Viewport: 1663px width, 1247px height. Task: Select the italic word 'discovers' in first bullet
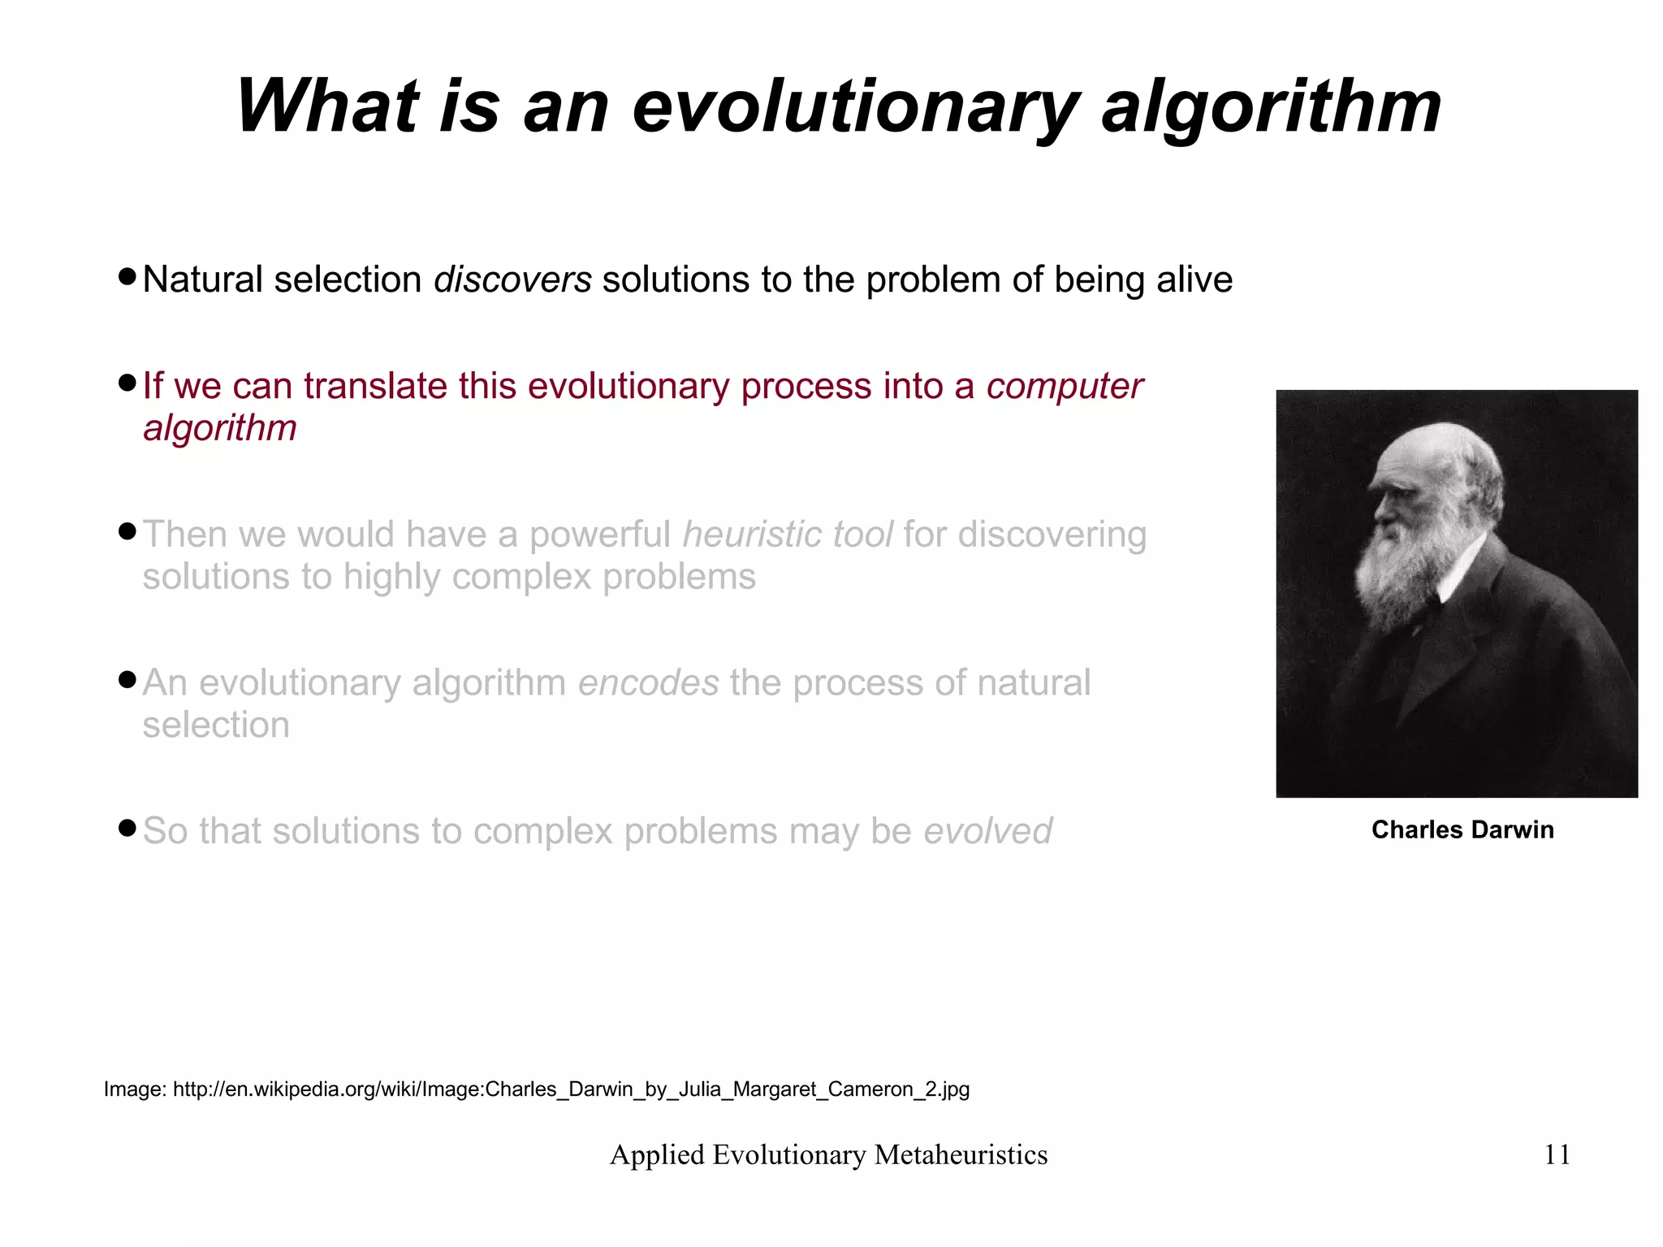point(512,279)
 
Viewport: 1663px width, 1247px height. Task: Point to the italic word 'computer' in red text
point(1065,386)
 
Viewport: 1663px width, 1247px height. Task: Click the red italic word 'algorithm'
point(220,428)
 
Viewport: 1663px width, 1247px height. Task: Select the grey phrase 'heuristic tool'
point(787,535)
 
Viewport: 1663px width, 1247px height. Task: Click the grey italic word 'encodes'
point(648,683)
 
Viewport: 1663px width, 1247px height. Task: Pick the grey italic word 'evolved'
point(987,831)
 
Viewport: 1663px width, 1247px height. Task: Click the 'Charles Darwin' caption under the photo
point(1462,829)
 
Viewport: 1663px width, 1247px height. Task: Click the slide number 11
point(1557,1154)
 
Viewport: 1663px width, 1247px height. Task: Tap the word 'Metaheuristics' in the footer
point(961,1154)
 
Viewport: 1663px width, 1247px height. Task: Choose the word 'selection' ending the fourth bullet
point(216,725)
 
